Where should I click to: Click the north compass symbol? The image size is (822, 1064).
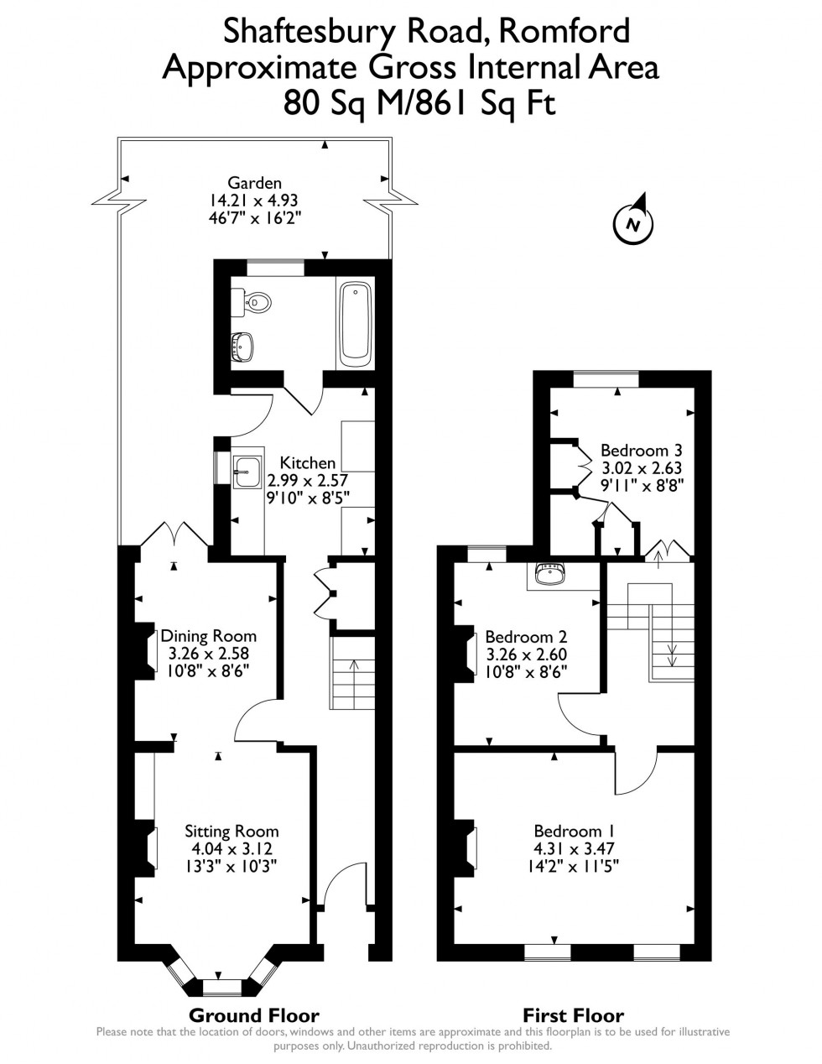(x=633, y=221)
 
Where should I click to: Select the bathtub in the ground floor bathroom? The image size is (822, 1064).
(x=356, y=321)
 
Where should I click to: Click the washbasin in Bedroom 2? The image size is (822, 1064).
(x=550, y=574)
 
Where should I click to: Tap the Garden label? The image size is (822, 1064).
(x=254, y=183)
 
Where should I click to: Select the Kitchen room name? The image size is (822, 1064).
(x=308, y=462)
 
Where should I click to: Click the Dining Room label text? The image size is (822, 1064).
(x=209, y=636)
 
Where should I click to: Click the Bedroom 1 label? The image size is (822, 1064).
(x=575, y=831)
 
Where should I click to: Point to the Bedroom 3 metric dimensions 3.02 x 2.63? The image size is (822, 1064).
(x=642, y=468)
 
